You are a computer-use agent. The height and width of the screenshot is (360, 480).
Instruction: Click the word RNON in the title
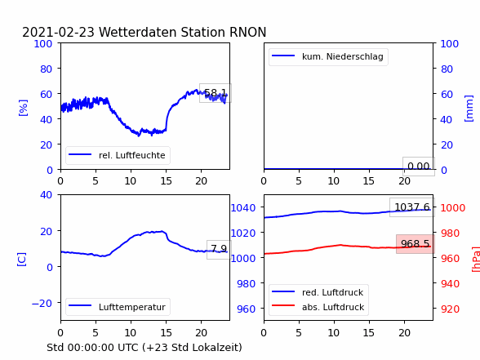[x=247, y=32]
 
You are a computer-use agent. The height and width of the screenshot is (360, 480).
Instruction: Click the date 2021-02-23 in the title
[x=58, y=32]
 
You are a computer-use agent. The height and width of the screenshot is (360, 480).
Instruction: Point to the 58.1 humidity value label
[x=216, y=93]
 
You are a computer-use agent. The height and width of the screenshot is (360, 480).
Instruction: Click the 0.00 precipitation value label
[x=419, y=167]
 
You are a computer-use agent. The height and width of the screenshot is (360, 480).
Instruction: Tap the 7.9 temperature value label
[x=219, y=249]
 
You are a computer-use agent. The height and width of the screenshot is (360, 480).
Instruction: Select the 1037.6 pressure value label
[x=412, y=207]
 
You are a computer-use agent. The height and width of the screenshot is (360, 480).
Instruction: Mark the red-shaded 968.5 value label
[x=415, y=244]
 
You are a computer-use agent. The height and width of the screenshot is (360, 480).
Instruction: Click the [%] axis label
[x=23, y=108]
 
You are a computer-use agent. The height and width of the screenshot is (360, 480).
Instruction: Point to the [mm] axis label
[x=469, y=109]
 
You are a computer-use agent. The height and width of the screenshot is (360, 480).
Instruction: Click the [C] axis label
[x=22, y=260]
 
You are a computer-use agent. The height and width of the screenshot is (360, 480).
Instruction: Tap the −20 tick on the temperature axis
[x=42, y=303]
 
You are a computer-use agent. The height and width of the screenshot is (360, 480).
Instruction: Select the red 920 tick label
[x=450, y=309]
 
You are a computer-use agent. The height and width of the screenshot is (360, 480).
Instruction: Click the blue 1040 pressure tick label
[x=243, y=208]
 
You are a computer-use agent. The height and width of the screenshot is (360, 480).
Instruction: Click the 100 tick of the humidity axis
[x=42, y=44]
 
